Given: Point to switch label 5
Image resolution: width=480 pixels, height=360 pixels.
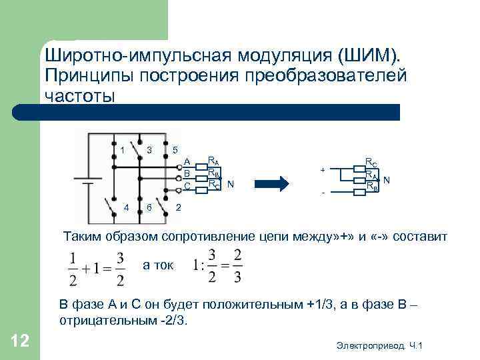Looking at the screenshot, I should tap(175, 149).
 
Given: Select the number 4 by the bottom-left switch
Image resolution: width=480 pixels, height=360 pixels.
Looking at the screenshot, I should tap(126, 208).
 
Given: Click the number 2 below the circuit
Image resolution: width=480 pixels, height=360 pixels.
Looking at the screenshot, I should tap(178, 208).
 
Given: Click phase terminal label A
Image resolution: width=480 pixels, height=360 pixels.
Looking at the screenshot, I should tap(187, 161).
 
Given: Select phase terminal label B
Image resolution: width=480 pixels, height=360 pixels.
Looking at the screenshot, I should tap(187, 173).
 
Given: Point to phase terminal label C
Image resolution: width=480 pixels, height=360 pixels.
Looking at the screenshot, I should tap(187, 185).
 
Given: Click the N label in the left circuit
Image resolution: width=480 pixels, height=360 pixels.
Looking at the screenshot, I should tap(230, 183).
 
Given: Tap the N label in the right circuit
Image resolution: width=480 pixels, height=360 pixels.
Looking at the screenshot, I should tap(387, 180).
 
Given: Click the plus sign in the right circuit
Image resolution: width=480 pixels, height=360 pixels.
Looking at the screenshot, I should tap(323, 170).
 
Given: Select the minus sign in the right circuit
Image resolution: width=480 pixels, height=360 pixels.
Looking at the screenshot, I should tap(323, 194).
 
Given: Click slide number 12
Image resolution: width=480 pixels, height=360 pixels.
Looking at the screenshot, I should tap(20, 342).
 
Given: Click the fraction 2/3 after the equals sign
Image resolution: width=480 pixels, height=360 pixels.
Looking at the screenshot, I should tap(237, 265).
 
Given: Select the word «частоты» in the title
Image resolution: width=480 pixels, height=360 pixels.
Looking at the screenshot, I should tap(80, 95).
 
